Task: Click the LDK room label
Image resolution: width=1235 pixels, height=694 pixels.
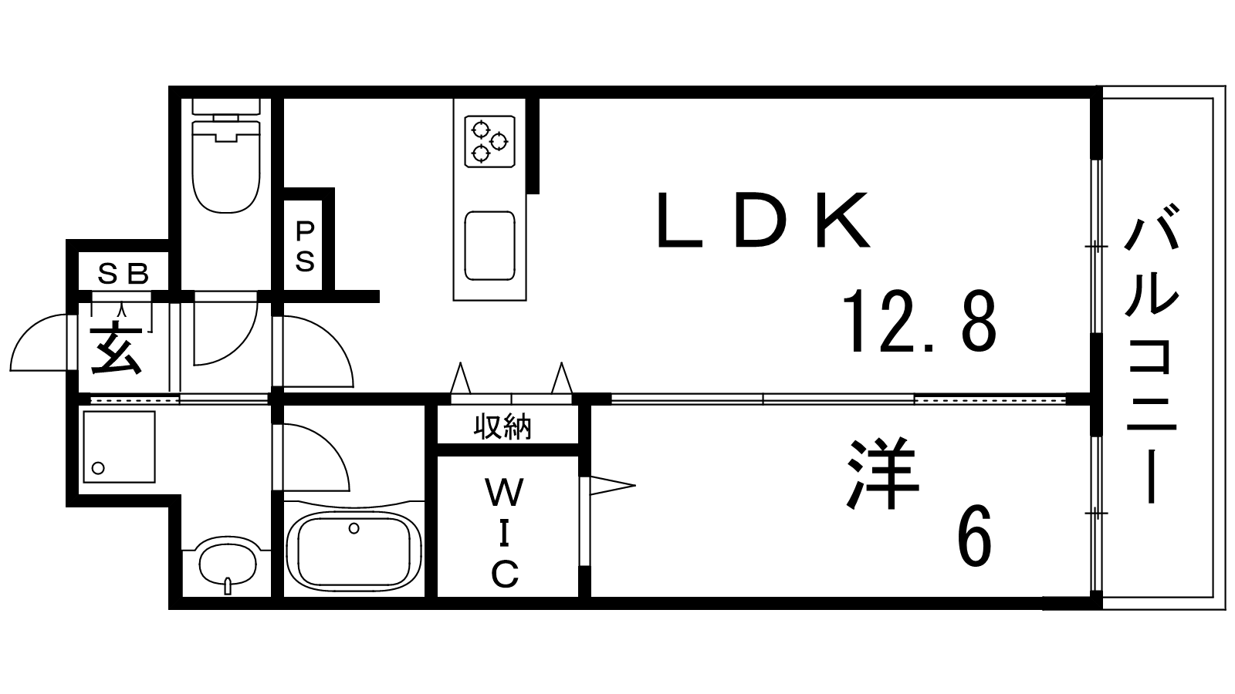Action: tap(763, 219)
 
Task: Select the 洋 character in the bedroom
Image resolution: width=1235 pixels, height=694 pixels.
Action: tap(883, 473)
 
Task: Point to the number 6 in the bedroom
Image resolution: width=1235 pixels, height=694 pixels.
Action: tap(976, 534)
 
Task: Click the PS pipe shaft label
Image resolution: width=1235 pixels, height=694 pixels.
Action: tap(305, 246)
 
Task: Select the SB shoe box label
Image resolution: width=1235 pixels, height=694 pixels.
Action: tap(123, 273)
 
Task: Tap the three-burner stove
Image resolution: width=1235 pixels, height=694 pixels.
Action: tap(489, 141)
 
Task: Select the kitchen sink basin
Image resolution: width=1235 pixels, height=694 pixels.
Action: tap(489, 246)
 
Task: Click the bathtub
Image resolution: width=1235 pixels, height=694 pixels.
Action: tap(354, 551)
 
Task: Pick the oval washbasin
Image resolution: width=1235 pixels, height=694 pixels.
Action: tap(227, 564)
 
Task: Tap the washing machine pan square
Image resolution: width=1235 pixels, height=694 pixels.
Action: tap(119, 446)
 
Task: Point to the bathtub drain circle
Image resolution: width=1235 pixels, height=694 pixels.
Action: tap(354, 528)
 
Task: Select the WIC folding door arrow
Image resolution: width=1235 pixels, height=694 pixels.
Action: tap(612, 486)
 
